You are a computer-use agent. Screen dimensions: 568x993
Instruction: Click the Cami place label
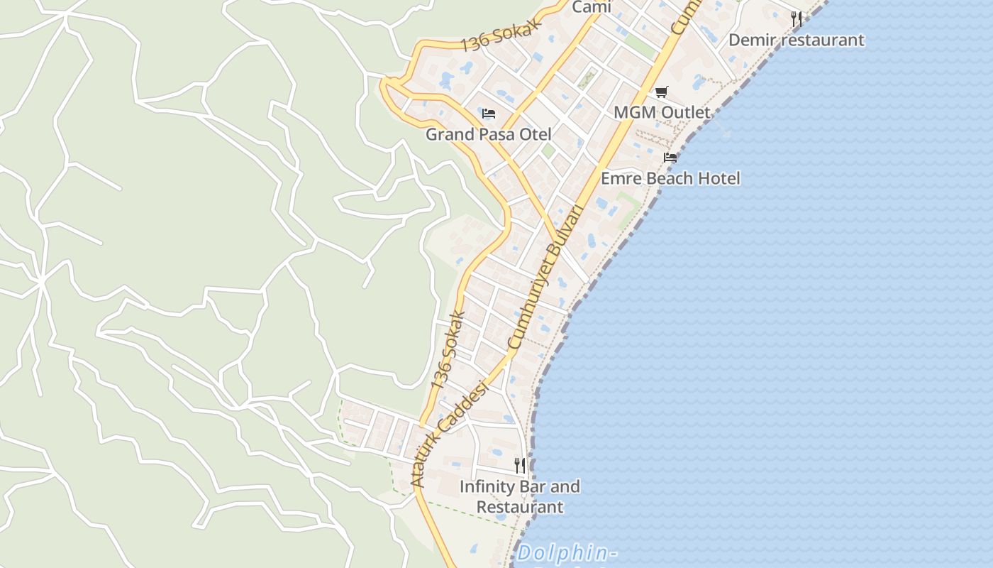click(x=591, y=7)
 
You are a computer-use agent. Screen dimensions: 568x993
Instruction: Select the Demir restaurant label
click(x=796, y=40)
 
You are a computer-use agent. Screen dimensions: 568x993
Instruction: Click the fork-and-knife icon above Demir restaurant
click(x=797, y=19)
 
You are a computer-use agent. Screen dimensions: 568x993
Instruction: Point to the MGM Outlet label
click(x=661, y=113)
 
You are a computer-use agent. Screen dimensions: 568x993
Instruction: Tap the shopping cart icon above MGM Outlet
click(x=661, y=92)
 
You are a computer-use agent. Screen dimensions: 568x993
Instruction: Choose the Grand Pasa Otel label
click(x=488, y=134)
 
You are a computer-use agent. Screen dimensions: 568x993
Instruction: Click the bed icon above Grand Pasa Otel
click(x=488, y=114)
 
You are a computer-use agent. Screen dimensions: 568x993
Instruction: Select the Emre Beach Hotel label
click(x=670, y=178)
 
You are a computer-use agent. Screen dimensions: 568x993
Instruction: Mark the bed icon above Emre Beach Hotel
click(x=670, y=158)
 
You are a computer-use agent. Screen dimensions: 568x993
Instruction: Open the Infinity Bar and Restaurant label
click(x=520, y=496)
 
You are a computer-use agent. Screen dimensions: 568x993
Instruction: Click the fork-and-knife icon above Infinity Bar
click(x=520, y=466)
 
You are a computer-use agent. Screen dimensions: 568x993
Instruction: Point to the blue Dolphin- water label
click(x=565, y=553)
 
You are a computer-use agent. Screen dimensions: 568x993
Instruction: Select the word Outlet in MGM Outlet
click(x=683, y=113)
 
